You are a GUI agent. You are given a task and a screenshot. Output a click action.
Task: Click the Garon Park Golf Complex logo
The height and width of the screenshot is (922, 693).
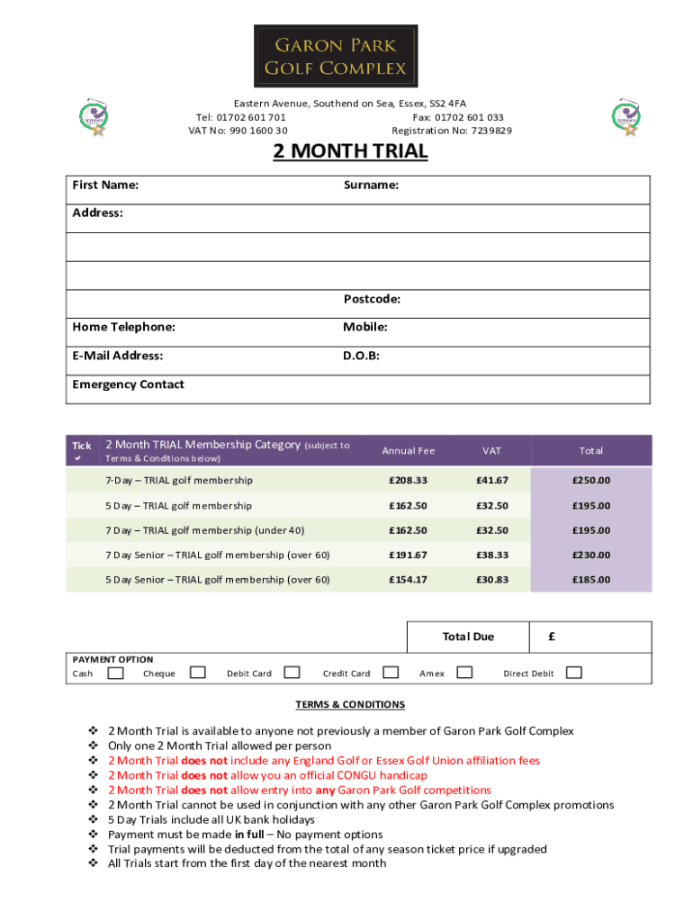click(x=335, y=55)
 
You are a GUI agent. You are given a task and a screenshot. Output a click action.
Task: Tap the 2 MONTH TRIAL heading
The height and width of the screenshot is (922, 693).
click(x=350, y=151)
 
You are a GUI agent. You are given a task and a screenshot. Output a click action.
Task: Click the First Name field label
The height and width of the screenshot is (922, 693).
click(x=105, y=185)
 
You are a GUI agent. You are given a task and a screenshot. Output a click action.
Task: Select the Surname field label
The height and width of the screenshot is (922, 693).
click(x=371, y=185)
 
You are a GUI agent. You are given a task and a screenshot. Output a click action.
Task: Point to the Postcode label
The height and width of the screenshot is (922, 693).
click(x=371, y=299)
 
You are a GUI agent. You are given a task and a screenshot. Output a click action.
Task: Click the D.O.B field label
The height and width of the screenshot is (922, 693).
click(x=361, y=356)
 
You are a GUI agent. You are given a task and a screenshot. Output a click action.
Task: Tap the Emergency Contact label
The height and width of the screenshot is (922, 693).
click(x=128, y=384)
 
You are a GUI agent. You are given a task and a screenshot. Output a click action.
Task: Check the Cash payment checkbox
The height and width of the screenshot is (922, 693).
click(x=115, y=673)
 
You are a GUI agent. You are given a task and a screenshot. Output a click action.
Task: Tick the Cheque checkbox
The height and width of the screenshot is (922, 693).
click(x=198, y=673)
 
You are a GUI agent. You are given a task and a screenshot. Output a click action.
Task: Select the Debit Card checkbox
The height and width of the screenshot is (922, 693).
click(x=292, y=673)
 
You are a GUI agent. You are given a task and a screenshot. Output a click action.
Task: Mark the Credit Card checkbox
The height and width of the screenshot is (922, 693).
click(x=391, y=673)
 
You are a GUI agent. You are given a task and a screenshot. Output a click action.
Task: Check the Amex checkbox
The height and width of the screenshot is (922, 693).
click(x=464, y=673)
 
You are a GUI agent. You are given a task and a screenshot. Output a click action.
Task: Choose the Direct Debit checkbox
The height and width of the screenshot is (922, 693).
click(x=573, y=673)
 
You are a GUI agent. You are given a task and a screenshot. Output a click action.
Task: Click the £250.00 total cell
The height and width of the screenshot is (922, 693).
click(x=590, y=481)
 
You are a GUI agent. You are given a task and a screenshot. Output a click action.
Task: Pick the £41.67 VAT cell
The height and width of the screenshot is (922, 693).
click(x=492, y=481)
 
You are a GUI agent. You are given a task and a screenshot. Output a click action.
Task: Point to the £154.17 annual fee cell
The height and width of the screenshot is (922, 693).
click(x=408, y=580)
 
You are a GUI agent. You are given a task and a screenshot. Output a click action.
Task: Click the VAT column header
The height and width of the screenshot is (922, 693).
click(x=491, y=451)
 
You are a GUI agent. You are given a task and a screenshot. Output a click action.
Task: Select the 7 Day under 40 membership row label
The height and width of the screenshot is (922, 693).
click(x=205, y=530)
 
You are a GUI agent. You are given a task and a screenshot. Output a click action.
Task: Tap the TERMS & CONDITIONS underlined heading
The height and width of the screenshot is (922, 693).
click(x=350, y=705)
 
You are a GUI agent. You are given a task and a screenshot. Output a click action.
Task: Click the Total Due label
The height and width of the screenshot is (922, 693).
click(x=468, y=637)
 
